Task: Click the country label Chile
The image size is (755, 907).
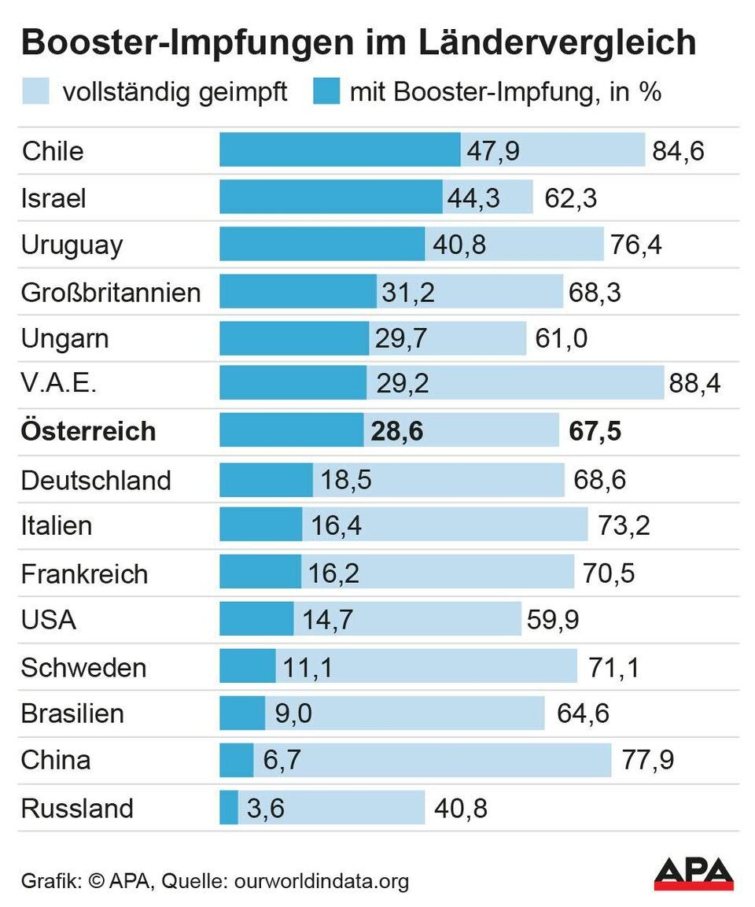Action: (x=53, y=150)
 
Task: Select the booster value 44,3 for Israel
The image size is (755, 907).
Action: (x=473, y=197)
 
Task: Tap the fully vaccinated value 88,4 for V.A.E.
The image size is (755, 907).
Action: (x=694, y=385)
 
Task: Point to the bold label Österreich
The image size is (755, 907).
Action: (x=88, y=431)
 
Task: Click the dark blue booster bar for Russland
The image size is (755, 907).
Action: (x=228, y=808)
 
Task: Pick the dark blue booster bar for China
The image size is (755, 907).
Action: (x=236, y=761)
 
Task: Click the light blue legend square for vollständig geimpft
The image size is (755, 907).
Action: (x=36, y=91)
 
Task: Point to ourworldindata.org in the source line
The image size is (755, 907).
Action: (x=322, y=881)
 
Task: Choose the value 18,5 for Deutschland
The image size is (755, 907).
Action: (x=346, y=479)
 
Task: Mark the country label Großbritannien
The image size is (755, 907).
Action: (x=111, y=293)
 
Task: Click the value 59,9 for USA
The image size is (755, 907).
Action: (x=551, y=620)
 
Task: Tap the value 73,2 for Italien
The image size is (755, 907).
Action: (x=624, y=525)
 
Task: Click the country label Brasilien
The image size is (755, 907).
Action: (x=72, y=713)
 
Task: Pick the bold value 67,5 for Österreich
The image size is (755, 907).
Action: (x=595, y=431)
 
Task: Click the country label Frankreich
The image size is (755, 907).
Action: (x=84, y=573)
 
